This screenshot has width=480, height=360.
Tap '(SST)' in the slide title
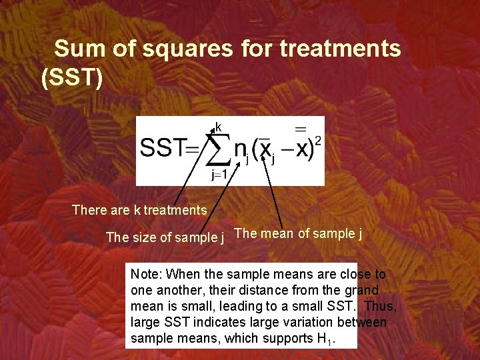(x=72, y=78)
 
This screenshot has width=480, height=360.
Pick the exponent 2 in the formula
(x=317, y=141)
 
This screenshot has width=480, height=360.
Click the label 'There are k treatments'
(x=139, y=210)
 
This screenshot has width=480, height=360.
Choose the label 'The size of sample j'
(x=165, y=237)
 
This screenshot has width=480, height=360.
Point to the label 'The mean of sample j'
(x=299, y=233)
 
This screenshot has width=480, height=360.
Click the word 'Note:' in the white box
(x=147, y=274)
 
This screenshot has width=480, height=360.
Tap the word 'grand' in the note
(x=362, y=290)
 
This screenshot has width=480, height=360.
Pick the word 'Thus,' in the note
(x=381, y=306)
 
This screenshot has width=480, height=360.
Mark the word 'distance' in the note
(x=261, y=290)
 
